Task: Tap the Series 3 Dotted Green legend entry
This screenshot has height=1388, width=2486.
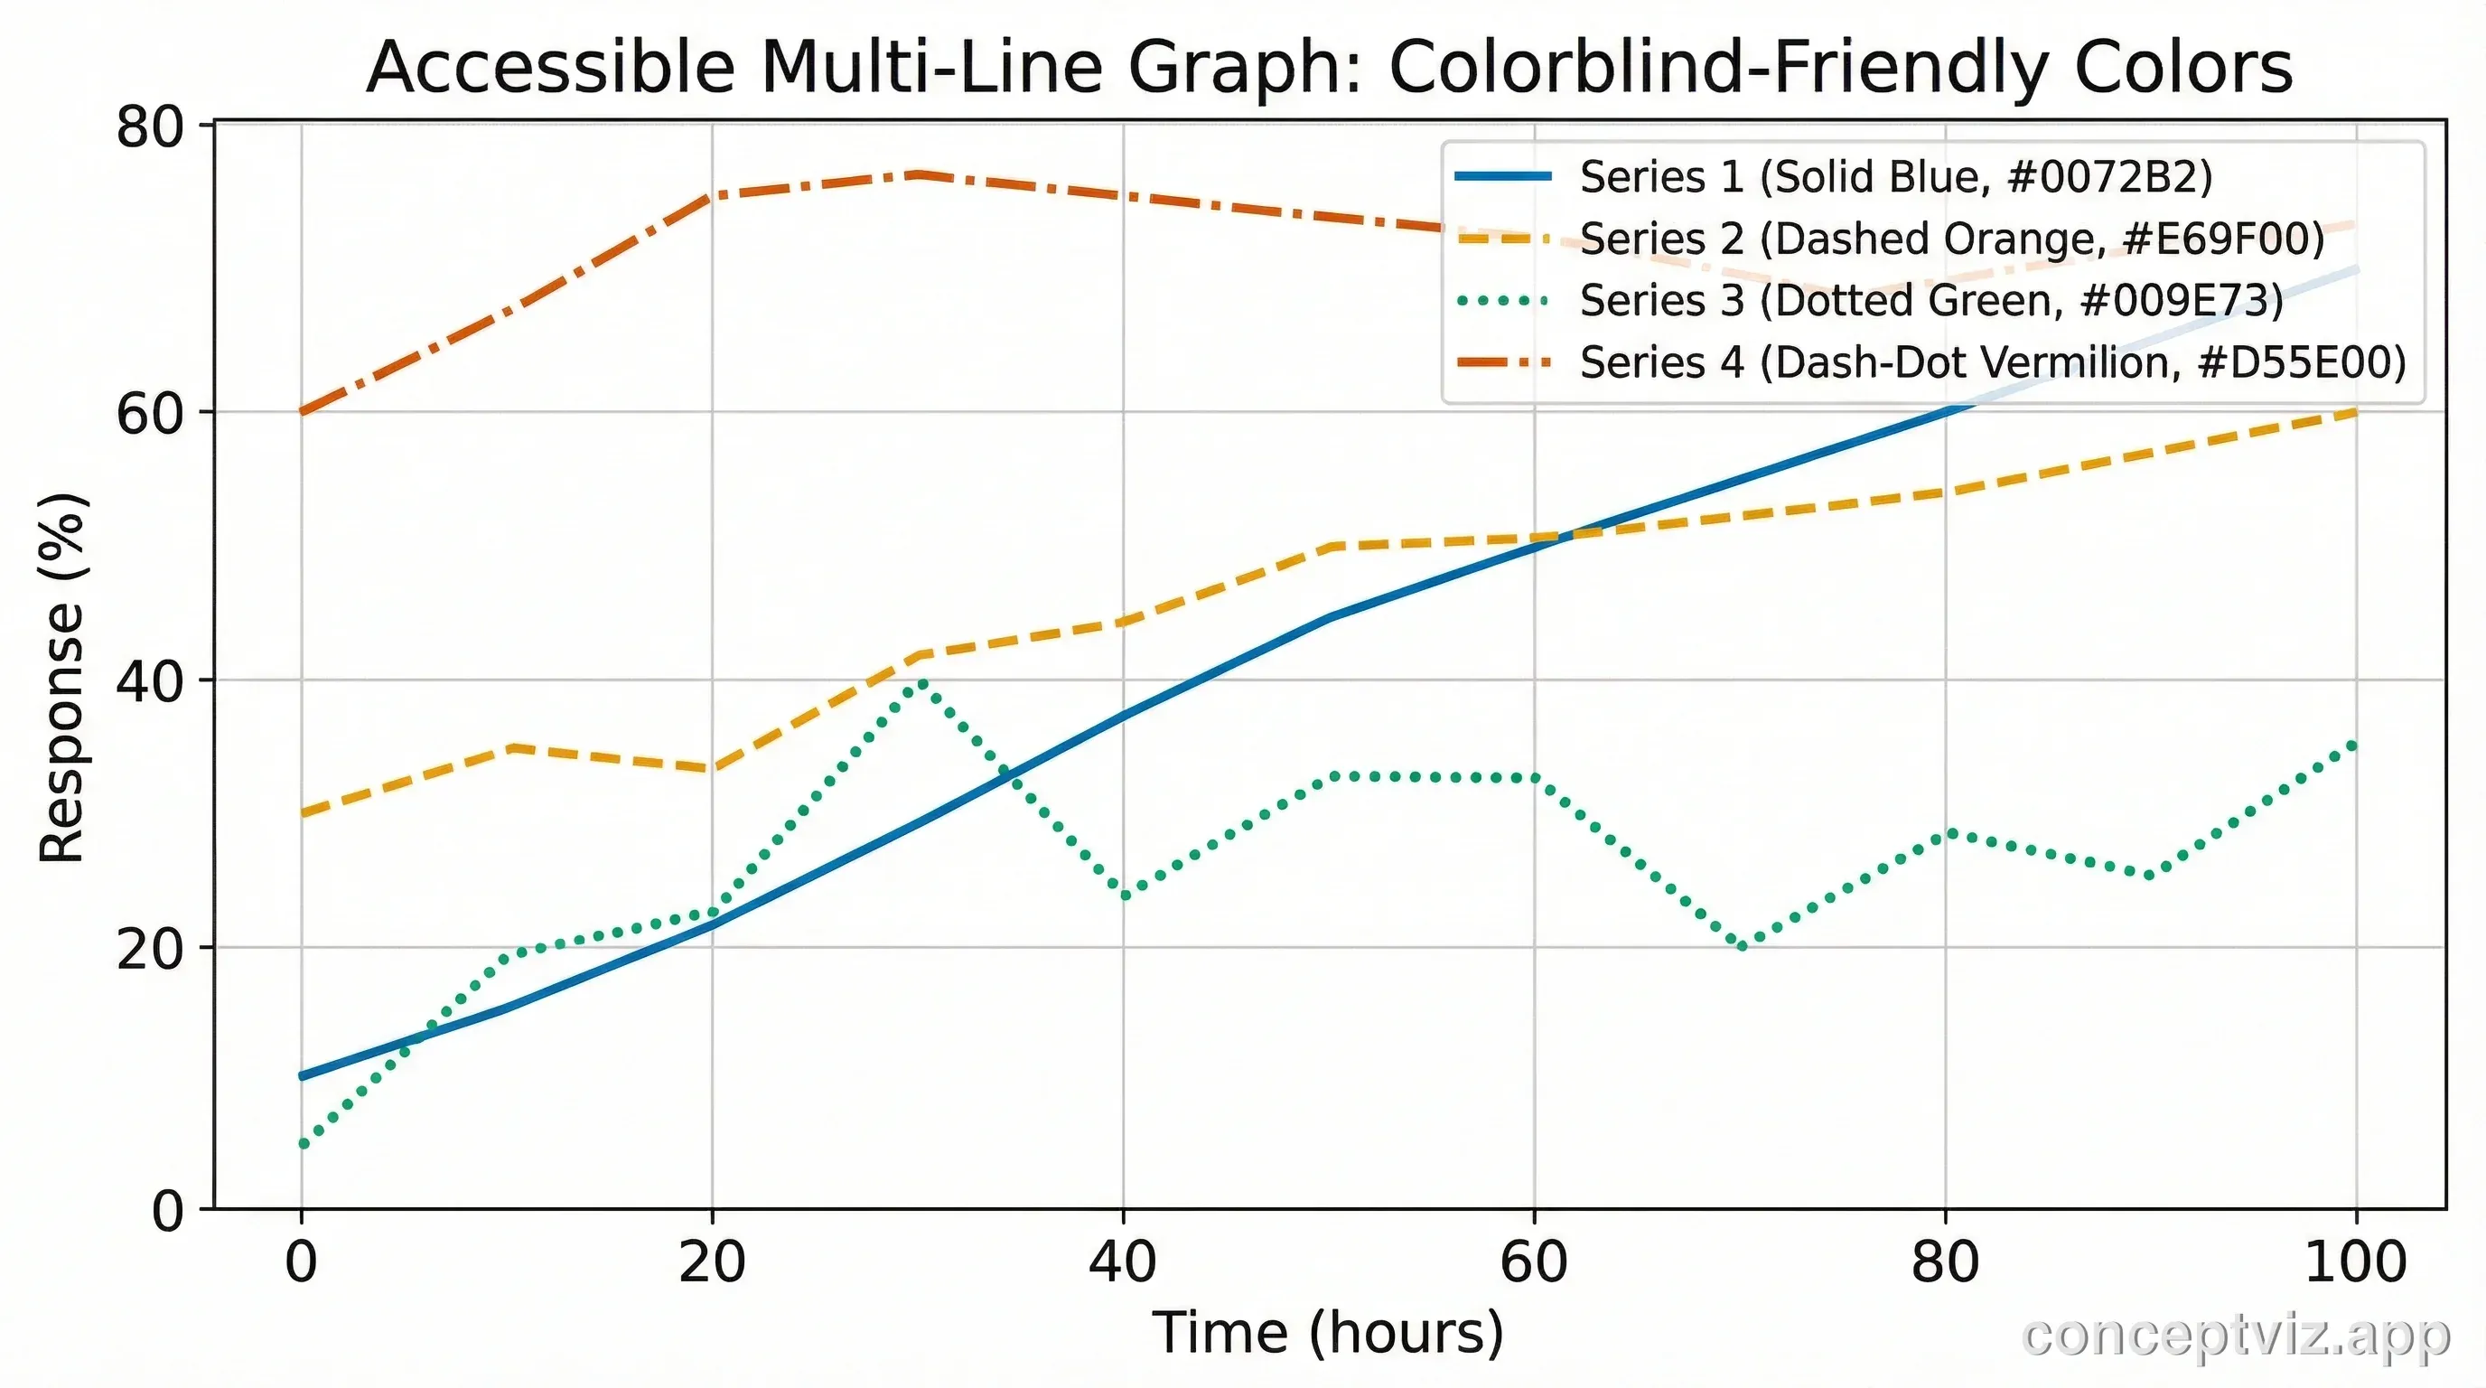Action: (1931, 301)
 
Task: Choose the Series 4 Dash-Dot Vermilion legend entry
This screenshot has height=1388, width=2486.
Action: (1993, 363)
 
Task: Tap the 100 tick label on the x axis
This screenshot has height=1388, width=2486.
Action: (2356, 1261)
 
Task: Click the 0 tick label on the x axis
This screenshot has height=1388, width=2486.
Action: (301, 1261)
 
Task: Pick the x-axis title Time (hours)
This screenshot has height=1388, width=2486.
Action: (1328, 1333)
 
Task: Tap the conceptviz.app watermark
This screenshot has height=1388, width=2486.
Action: (2235, 1336)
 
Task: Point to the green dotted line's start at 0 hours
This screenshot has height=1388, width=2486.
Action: (303, 1145)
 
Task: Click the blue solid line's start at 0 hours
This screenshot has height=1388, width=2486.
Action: (303, 1075)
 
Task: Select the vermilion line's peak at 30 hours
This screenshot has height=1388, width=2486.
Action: (919, 174)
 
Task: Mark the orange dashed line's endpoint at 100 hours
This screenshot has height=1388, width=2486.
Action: (2356, 412)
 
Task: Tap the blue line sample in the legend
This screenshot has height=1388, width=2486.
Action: (1503, 176)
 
